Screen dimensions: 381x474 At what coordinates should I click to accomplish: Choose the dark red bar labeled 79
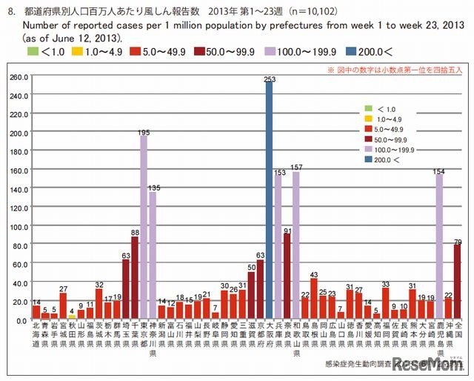pyautogui.click(x=458, y=281)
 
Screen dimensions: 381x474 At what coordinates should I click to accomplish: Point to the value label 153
pyautogui.click(x=278, y=172)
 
